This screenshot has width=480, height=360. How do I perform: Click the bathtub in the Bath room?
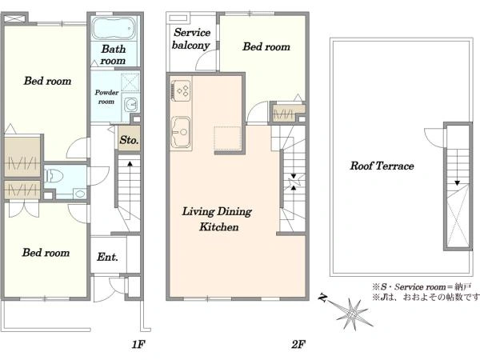(x=114, y=28)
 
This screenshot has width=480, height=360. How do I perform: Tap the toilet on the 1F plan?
(x=54, y=177)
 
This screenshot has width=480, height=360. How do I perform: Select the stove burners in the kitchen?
(x=182, y=90)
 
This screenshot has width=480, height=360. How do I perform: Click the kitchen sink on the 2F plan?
(x=181, y=132)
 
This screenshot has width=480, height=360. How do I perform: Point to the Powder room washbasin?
(x=131, y=105)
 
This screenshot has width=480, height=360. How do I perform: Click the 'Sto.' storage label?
(x=129, y=140)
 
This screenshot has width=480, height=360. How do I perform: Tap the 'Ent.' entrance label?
(x=107, y=257)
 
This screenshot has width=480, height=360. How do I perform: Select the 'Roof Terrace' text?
(x=382, y=166)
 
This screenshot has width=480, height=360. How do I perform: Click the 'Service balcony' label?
(x=191, y=38)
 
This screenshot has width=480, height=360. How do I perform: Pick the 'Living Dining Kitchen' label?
(x=218, y=219)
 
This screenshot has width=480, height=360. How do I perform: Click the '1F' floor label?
(x=138, y=344)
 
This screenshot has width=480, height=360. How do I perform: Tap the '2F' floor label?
(x=298, y=344)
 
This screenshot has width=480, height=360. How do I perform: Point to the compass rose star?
(x=354, y=314)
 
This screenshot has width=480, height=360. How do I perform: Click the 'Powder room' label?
(x=106, y=97)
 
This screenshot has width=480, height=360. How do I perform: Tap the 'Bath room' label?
(x=114, y=54)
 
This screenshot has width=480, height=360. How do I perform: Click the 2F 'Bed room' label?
(x=266, y=46)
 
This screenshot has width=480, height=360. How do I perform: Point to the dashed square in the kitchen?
(x=227, y=138)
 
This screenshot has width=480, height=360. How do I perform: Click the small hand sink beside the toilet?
(x=80, y=194)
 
